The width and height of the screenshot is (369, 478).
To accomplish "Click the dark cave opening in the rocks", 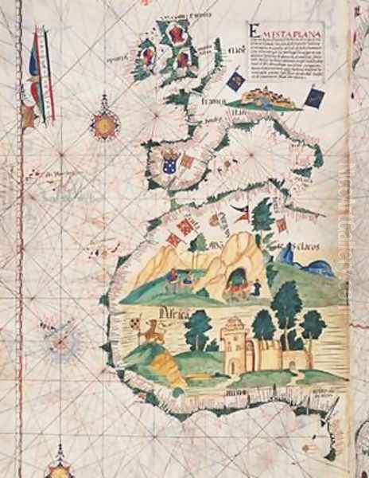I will pos(237,279).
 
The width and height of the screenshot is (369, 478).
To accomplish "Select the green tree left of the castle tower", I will pos(199,327).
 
